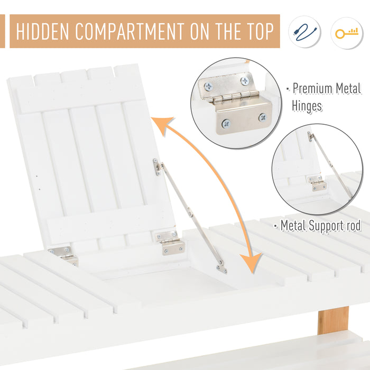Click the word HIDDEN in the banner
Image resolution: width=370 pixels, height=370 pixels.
click(x=42, y=31)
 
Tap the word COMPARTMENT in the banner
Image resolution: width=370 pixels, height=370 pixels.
click(x=129, y=31)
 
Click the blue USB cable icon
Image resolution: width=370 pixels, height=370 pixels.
click(x=304, y=32)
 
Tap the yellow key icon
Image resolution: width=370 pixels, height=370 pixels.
click(x=347, y=33)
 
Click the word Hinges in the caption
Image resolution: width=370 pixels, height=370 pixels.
click(x=307, y=106)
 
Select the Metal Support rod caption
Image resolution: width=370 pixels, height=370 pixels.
click(x=321, y=225)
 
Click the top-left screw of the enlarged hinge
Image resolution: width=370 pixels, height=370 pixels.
click(x=209, y=87)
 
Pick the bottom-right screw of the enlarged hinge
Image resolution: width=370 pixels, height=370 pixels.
click(x=262, y=117)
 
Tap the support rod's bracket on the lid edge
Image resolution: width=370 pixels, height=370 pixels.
click(x=156, y=167)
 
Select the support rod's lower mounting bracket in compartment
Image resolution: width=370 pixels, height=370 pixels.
click(x=222, y=269)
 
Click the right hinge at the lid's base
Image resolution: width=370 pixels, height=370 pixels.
click(x=170, y=243)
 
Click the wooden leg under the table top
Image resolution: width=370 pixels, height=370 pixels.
click(x=333, y=320)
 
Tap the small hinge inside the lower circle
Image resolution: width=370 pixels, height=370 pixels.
click(x=317, y=183)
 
